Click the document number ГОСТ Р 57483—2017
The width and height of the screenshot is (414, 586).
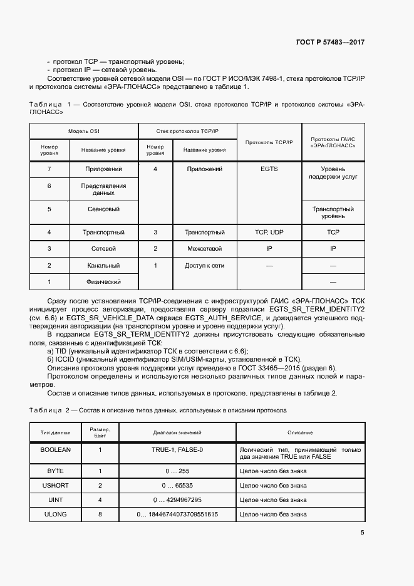[330, 43]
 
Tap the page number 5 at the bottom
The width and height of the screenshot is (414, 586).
[362, 533]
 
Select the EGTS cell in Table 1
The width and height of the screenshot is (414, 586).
[269, 169]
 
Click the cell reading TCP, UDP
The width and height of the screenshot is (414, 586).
[269, 232]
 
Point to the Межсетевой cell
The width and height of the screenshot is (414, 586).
[205, 249]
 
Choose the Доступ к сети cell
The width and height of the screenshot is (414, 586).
[205, 266]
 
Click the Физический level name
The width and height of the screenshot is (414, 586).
[103, 282]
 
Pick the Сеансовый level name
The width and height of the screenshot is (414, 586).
[103, 209]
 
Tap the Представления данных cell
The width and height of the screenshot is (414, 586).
[103, 189]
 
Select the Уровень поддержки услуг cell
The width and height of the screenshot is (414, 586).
[333, 173]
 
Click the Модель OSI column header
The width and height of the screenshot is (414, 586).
[84, 132]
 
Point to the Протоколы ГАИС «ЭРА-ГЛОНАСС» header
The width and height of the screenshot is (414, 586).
[333, 141]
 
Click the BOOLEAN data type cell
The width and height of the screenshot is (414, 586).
[56, 450]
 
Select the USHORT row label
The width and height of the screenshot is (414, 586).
[56, 485]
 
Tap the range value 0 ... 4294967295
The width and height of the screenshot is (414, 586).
[177, 500]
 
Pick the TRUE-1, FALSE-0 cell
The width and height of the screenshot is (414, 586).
[177, 450]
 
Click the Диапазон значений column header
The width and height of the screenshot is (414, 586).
[177, 432]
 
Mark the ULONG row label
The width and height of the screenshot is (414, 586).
[56, 514]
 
